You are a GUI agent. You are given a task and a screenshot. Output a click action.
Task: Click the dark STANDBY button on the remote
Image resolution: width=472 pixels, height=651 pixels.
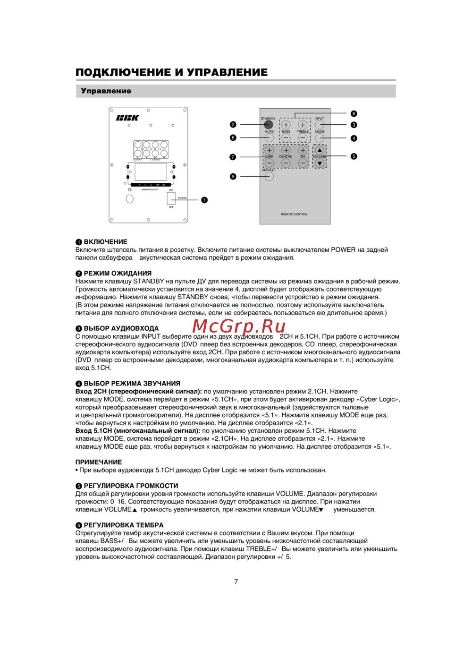[x=269, y=125]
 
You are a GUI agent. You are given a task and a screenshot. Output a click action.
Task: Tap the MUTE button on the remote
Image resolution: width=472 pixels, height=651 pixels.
[x=269, y=138]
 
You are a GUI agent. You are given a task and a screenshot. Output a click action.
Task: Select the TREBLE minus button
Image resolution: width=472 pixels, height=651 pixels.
[x=303, y=138]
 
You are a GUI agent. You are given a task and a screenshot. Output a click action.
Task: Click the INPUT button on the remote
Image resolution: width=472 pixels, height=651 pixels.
[x=320, y=125]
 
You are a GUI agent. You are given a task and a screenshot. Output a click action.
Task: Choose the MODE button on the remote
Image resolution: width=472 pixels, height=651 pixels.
[x=320, y=138]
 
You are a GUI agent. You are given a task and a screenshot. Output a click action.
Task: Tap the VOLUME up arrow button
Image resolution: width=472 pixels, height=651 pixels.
[x=320, y=151]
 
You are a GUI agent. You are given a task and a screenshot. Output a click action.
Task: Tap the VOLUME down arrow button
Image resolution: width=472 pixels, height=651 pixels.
[x=320, y=163]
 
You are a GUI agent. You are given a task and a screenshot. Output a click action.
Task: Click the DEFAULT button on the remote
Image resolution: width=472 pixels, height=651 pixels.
[x=269, y=177]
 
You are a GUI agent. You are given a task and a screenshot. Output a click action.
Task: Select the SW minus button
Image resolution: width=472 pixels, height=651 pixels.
[x=303, y=163]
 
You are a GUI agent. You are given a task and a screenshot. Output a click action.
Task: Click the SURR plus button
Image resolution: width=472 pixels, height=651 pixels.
[x=269, y=151]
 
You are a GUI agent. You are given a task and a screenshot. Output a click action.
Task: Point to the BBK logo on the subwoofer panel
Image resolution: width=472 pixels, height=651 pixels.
[x=127, y=118]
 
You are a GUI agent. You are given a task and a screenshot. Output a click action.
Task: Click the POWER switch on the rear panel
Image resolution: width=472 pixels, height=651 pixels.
[x=171, y=198]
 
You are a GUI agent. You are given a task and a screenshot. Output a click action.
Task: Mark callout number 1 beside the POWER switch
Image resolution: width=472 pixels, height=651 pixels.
[x=204, y=200]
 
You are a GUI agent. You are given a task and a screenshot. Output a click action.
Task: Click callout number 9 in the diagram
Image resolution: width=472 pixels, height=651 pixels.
[x=233, y=177]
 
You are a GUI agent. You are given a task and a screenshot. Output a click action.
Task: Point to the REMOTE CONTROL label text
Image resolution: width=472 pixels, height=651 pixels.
[x=294, y=214]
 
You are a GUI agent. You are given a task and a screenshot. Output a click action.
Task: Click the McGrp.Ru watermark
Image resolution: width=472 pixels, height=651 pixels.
[x=239, y=326]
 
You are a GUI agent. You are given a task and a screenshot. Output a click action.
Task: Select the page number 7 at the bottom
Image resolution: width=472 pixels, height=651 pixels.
[x=236, y=582]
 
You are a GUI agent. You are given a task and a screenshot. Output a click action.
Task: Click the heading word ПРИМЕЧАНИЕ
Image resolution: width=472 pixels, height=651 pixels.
[x=99, y=462]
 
